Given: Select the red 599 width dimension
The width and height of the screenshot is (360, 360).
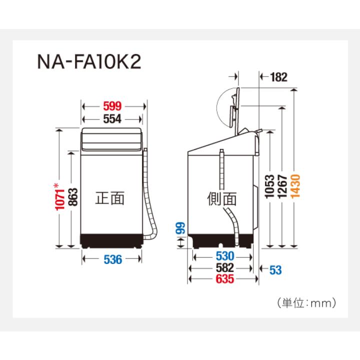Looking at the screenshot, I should point(114,106).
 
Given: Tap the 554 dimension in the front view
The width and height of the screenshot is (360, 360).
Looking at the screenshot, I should point(114,119).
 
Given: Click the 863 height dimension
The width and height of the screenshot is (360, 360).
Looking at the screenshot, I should point(72,199).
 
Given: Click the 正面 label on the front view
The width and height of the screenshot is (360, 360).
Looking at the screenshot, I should point(110,198).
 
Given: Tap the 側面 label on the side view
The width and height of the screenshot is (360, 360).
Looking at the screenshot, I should point(222,198).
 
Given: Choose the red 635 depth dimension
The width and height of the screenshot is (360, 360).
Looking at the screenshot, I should point(225,280).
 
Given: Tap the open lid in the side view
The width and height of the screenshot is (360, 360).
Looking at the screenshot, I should point(236,106).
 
